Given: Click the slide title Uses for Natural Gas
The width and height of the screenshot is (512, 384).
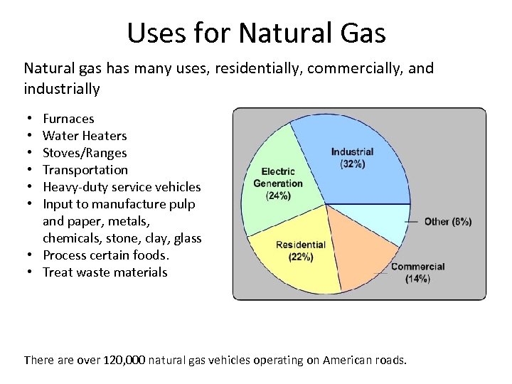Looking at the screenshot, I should click(256, 33).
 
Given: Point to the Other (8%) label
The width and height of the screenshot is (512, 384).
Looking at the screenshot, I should click(447, 222).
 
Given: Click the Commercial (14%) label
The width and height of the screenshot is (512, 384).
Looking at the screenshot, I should click(417, 273).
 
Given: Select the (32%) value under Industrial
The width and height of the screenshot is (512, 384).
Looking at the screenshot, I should click(352, 164).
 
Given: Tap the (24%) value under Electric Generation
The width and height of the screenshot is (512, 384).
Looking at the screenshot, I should click(278, 196).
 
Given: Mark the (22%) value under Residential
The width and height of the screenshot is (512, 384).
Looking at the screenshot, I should click(300, 257).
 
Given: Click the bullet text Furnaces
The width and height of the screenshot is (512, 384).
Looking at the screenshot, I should click(68, 119).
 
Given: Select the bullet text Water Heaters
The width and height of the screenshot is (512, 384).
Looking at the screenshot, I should click(85, 136).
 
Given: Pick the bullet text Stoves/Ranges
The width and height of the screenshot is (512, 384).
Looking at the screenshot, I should click(85, 153).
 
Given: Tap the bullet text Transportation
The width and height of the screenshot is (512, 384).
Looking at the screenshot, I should click(85, 170).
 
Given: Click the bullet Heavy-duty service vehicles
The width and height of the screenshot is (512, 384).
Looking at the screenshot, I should click(122, 187).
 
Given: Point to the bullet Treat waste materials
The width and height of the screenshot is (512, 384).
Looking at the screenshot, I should click(105, 272).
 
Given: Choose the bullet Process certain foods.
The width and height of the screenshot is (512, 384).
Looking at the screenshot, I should click(105, 255).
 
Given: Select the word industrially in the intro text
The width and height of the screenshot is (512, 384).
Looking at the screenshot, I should click(62, 89).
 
